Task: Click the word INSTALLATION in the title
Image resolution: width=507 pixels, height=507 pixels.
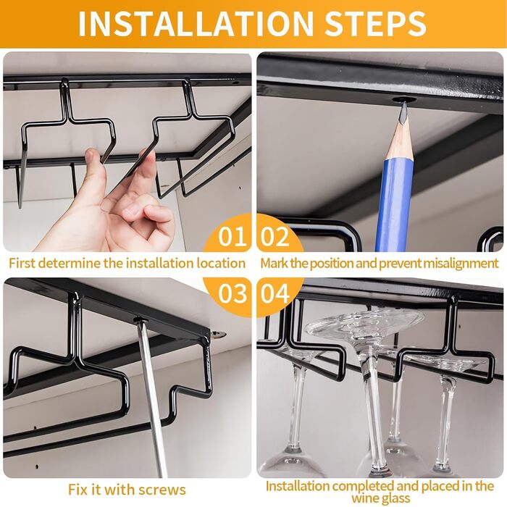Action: (x=196, y=24)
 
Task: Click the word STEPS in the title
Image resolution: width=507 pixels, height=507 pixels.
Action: (x=375, y=24)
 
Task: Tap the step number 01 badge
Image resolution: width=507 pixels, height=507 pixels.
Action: (x=232, y=236)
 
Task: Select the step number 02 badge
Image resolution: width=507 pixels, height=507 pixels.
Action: (x=275, y=236)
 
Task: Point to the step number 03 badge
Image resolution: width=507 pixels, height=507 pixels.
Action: (x=232, y=293)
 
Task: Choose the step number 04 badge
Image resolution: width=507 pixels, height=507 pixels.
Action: (x=275, y=293)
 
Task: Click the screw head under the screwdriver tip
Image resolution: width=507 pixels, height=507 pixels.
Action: (x=140, y=320)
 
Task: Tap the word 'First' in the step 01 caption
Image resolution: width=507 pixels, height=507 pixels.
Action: (x=21, y=263)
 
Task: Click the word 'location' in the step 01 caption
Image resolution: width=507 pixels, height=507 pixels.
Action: (x=221, y=263)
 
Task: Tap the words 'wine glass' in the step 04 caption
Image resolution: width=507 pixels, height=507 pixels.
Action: (x=381, y=498)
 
